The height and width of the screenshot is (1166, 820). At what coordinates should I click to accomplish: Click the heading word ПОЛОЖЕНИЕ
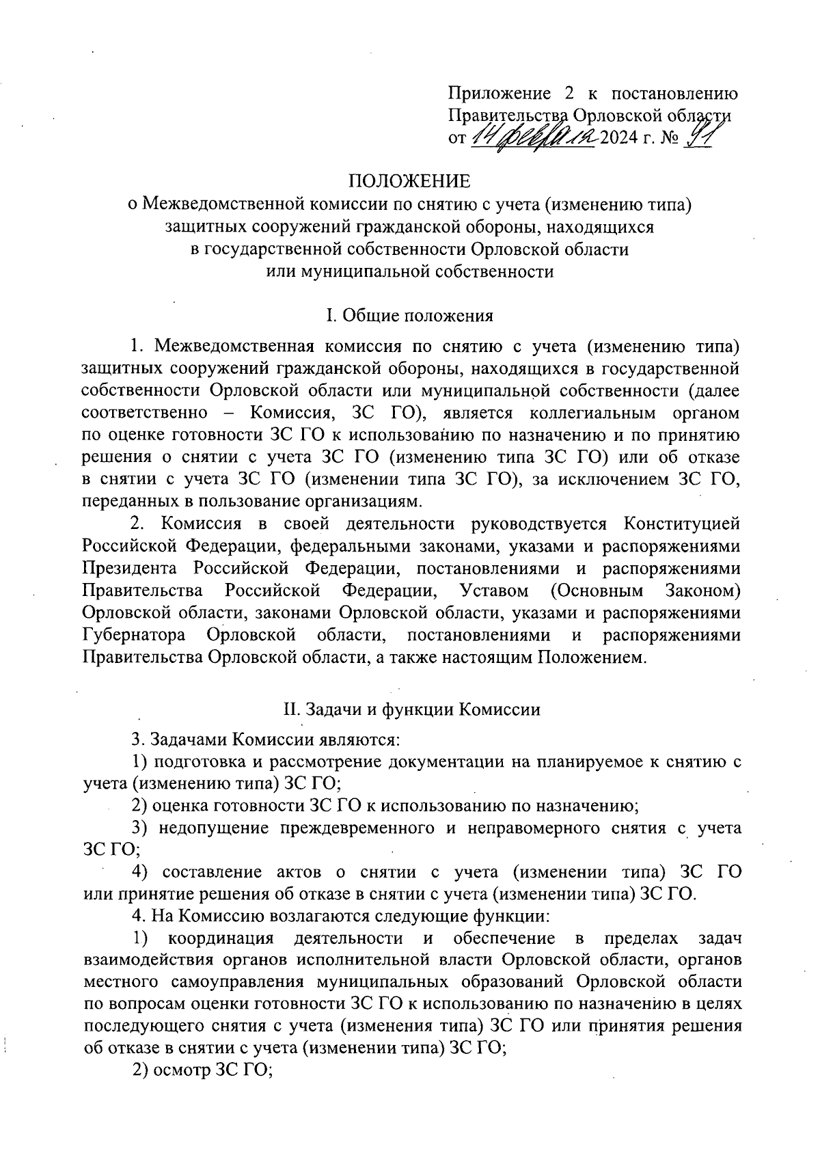coord(409,181)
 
